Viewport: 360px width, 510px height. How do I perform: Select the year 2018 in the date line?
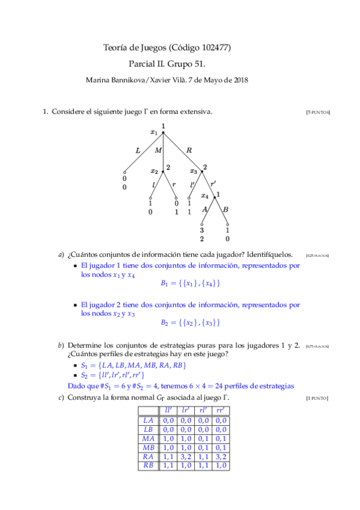(240, 79)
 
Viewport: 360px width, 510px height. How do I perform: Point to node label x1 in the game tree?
(154, 132)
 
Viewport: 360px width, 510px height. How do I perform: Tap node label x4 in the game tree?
(205, 195)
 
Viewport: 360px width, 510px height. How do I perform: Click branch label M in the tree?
(158, 150)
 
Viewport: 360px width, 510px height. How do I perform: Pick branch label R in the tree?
(189, 150)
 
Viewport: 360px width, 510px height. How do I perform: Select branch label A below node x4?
(205, 209)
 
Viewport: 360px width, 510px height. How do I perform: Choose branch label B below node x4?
(225, 209)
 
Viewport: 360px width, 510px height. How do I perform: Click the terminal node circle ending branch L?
(124, 172)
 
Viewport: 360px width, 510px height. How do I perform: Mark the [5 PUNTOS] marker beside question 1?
(318, 112)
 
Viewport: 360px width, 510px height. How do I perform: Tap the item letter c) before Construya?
(61, 398)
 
